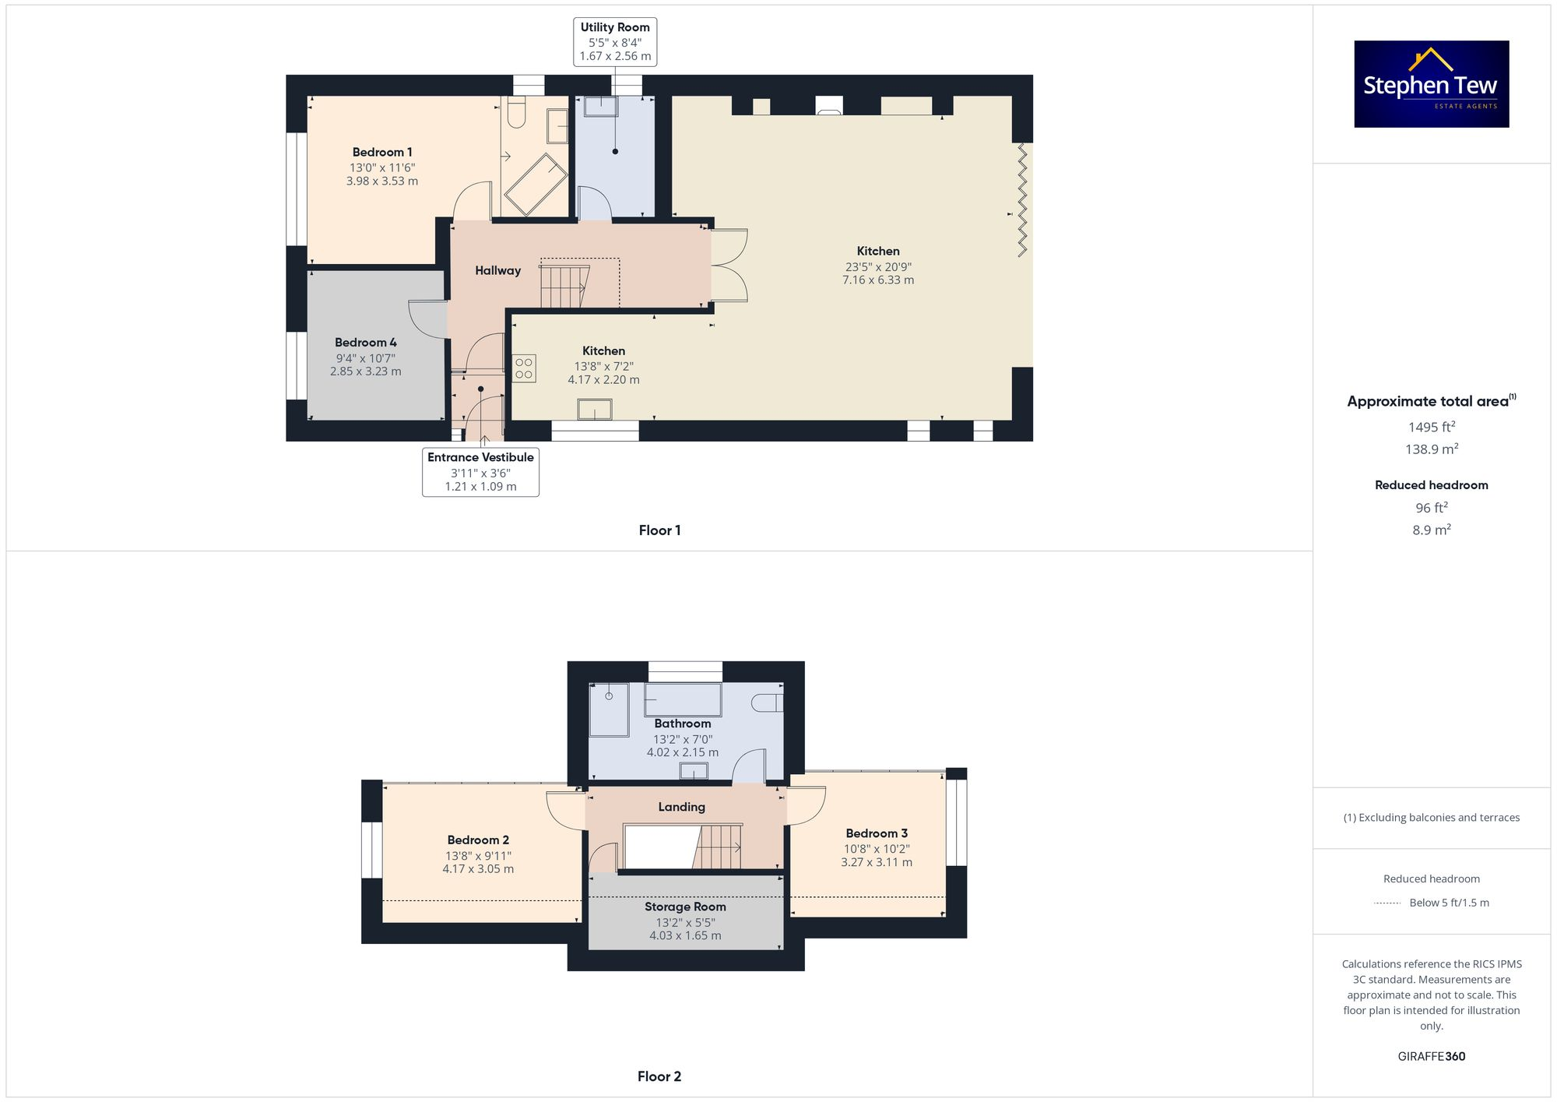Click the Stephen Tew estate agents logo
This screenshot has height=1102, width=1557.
pos(1431,84)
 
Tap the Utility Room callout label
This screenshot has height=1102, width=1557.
pos(614,41)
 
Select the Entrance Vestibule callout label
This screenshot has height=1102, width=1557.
pos(480,471)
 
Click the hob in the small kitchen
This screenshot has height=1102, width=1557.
pos(524,368)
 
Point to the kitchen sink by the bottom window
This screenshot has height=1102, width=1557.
pos(594,410)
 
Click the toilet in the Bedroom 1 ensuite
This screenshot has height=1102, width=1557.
pos(515,114)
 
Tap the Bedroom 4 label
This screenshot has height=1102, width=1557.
pos(365,343)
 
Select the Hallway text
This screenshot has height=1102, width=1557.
pos(497,270)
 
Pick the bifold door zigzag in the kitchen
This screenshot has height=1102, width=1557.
pos(1022,200)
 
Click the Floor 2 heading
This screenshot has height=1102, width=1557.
pos(659,1076)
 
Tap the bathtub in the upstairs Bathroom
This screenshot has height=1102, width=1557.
pos(683,699)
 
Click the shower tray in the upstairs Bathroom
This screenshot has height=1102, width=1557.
pos(609,709)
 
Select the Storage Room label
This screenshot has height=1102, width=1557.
pos(685,907)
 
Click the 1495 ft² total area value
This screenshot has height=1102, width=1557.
pos(1431,427)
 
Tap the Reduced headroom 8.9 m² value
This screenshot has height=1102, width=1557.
pos(1431,530)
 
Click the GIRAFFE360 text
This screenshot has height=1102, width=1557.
pos(1431,1056)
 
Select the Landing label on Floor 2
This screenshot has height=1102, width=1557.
pos(681,807)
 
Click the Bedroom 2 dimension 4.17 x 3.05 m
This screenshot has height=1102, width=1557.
pos(478,869)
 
